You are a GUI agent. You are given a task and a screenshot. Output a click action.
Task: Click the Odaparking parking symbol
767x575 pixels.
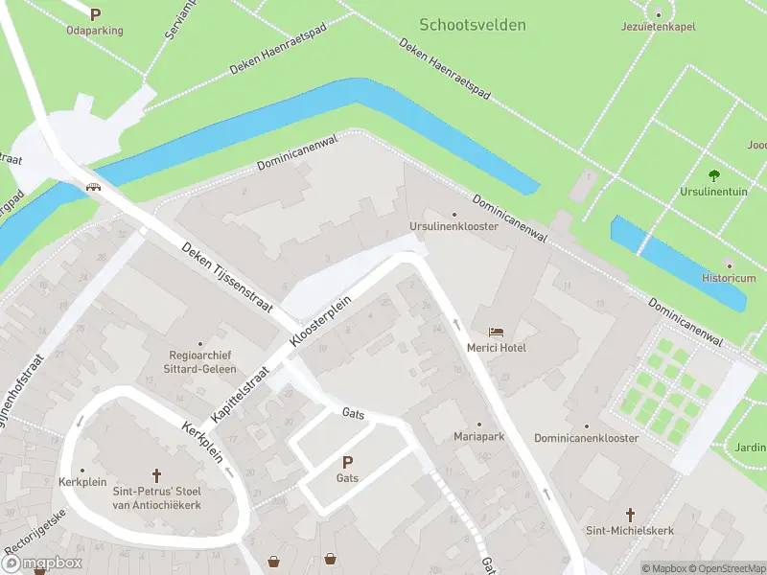95,14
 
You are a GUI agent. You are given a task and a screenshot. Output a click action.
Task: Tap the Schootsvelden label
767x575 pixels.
473,25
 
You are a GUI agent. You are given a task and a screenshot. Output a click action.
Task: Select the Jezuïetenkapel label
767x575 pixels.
658,27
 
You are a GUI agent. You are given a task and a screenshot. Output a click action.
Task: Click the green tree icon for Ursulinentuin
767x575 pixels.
713,175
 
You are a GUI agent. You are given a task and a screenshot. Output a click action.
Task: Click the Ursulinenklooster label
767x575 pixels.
453,226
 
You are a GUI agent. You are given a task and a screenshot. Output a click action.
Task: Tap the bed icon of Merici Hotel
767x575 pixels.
496,331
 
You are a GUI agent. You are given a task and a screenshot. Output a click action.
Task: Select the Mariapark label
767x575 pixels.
479,436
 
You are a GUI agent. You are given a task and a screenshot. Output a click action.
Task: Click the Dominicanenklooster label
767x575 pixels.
586,438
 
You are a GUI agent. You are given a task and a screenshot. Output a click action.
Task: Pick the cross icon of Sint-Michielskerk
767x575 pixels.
631,515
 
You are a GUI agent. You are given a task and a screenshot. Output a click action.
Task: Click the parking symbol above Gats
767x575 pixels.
347,462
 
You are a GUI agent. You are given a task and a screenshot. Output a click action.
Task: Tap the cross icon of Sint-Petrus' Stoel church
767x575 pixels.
157,474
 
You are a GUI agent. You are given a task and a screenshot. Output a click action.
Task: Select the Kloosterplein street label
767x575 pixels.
321,320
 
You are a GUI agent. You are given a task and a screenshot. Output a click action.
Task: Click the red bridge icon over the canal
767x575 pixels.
94,187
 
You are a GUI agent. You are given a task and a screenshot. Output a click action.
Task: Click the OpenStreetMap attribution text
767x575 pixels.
728,568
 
